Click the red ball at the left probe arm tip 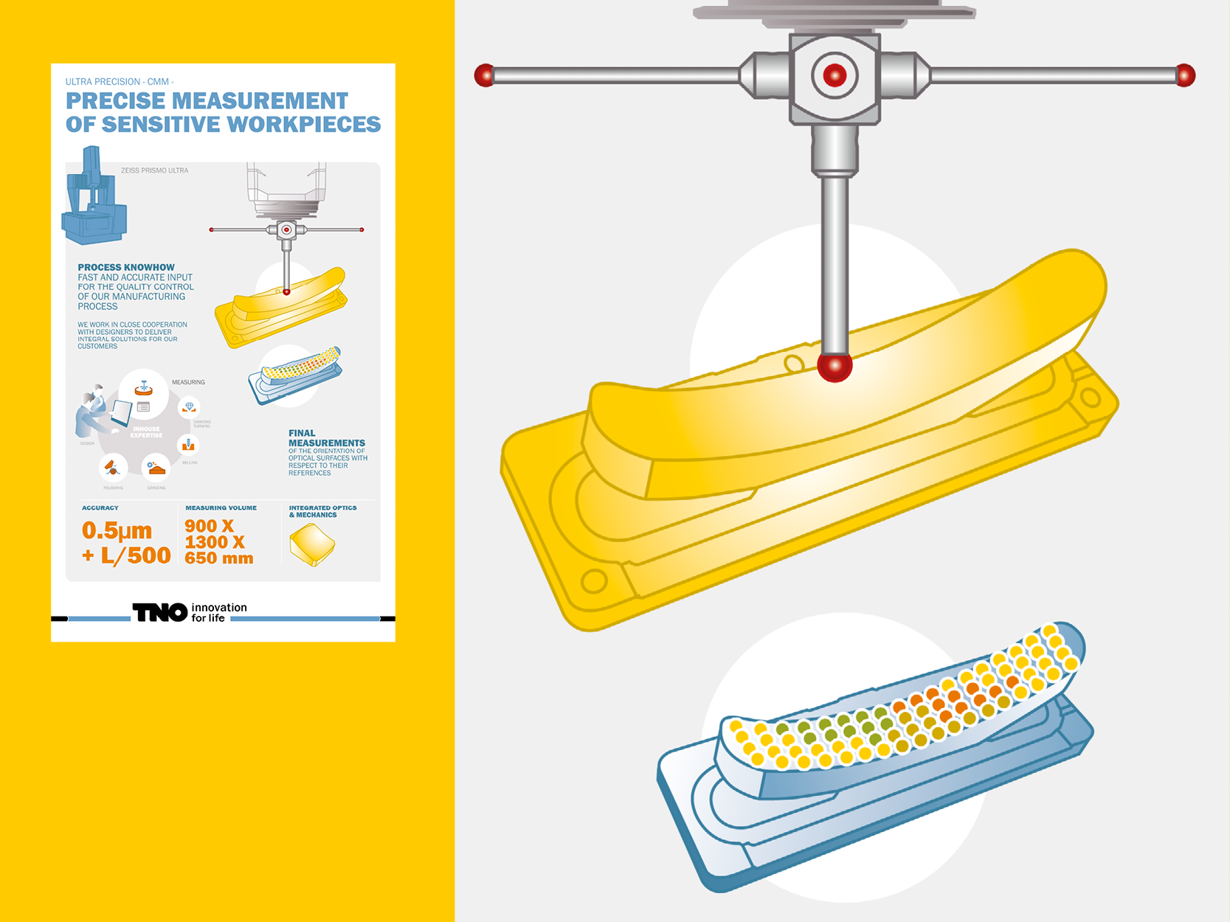click(484, 75)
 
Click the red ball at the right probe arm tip click(1185, 75)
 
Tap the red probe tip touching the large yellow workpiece click(835, 367)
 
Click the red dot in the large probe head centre click(835, 74)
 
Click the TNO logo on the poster click(159, 612)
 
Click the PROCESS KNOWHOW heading click(126, 267)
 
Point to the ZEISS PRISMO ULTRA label click(154, 170)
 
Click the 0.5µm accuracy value click(117, 530)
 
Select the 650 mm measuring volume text click(218, 558)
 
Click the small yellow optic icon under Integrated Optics click(312, 545)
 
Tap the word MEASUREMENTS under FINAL click(326, 443)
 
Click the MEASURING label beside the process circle click(188, 382)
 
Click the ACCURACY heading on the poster click(100, 507)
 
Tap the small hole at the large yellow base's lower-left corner click(593, 581)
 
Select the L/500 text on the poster click(136, 555)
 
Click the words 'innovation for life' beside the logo click(218, 612)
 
